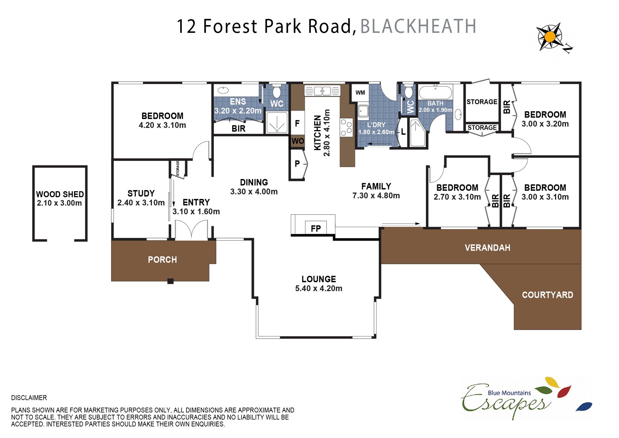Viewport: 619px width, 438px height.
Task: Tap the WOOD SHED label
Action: coord(60,194)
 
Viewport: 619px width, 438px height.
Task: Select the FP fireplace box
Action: coord(316,228)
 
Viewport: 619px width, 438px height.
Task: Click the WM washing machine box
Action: coord(360,93)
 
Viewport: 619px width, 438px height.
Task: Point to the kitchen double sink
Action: coord(322,91)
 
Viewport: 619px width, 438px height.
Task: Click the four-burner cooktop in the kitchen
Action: coord(346,128)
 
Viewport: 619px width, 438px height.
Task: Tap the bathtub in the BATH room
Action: coord(435,92)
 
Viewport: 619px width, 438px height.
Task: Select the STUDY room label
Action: coord(141,194)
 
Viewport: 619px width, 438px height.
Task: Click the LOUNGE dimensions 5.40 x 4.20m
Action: coord(319,288)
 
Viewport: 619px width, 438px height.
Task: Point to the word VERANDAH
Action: coord(487,248)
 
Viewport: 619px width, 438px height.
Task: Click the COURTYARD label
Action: coord(547,295)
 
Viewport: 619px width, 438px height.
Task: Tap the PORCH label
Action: coord(162,260)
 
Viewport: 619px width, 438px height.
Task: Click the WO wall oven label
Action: coord(298,141)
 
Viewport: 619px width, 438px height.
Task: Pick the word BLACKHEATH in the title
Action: coord(418,26)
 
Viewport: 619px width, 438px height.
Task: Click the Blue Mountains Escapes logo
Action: coord(526,398)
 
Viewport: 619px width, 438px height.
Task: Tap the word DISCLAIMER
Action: coord(29,398)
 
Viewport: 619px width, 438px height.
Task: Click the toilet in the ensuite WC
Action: coord(277,91)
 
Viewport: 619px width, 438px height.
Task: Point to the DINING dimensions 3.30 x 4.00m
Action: coord(254,192)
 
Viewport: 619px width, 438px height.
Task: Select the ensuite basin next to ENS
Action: coord(223,90)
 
